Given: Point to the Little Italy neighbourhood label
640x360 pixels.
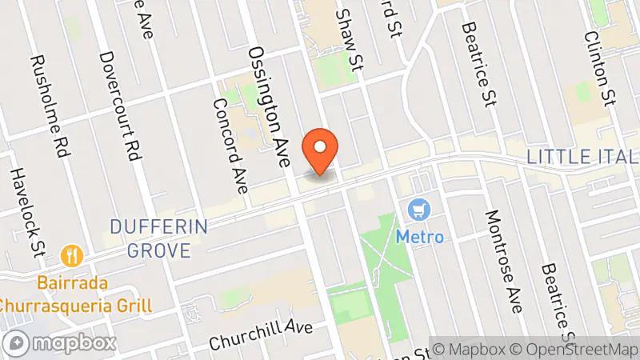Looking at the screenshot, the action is pyautogui.click(x=582, y=156).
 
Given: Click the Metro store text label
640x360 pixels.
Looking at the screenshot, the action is pyautogui.click(x=419, y=237).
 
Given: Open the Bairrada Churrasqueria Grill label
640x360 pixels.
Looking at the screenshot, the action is pyautogui.click(x=76, y=294).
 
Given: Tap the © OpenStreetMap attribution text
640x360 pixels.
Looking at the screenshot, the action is pyautogui.click(x=575, y=349).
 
